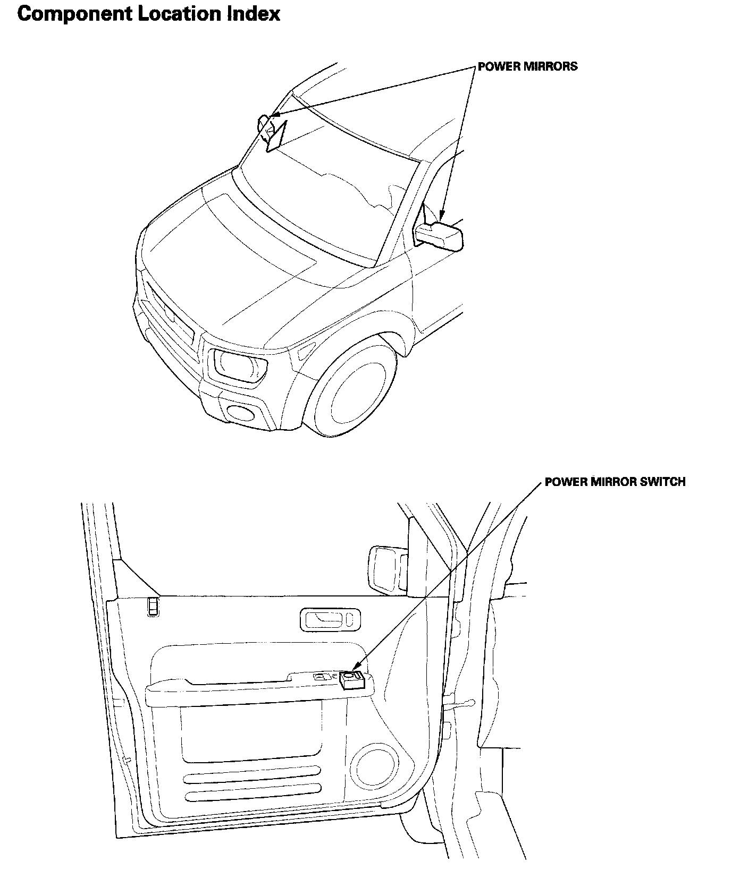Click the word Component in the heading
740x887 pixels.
tap(74, 14)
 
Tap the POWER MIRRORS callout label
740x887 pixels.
tap(527, 66)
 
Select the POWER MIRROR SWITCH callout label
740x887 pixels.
tap(615, 482)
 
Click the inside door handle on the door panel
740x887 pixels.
tap(330, 619)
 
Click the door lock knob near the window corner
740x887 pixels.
tap(153, 607)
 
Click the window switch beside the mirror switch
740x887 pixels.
tap(323, 677)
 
